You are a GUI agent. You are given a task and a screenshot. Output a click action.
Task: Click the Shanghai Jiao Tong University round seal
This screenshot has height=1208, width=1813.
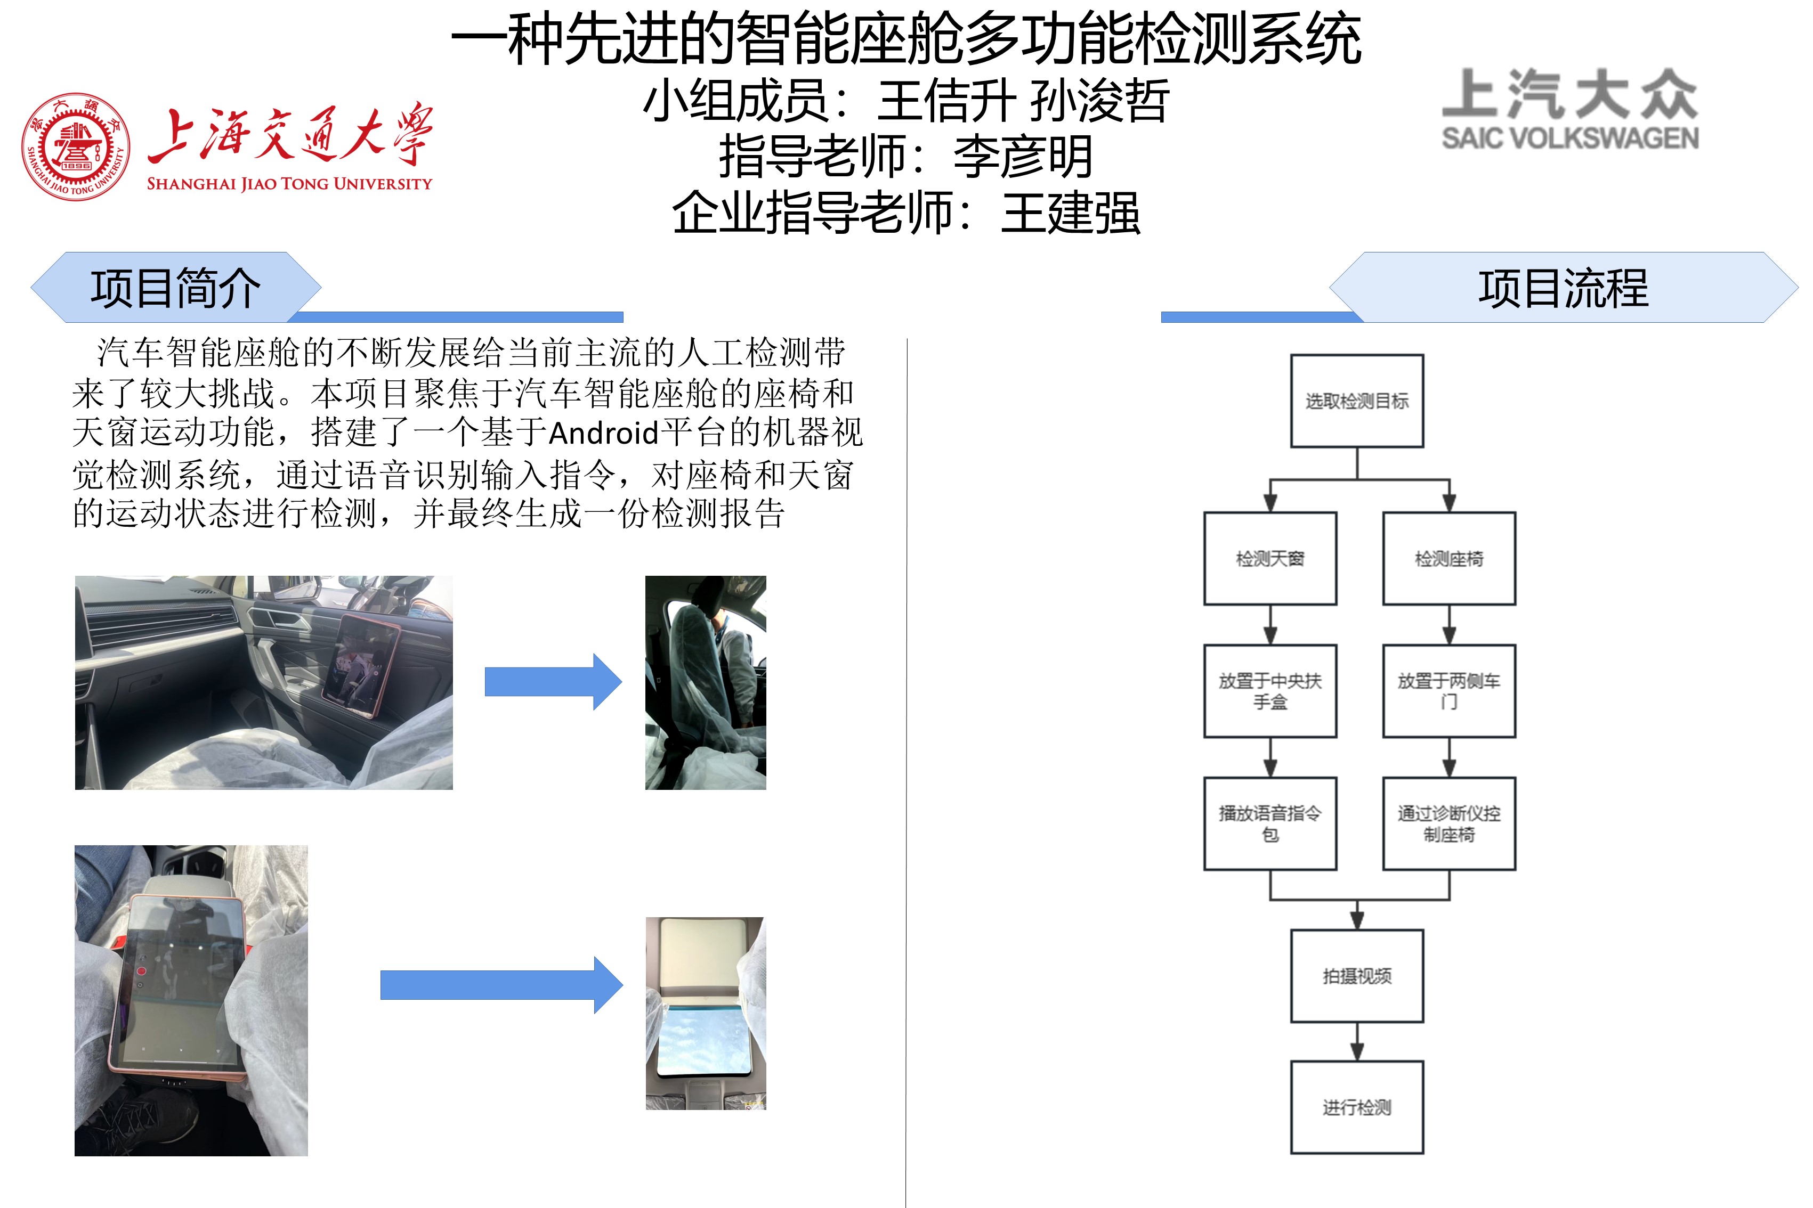(x=76, y=146)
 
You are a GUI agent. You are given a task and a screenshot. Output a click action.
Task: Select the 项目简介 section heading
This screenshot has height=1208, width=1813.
(x=176, y=288)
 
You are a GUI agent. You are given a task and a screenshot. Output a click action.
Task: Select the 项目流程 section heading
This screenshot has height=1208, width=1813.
(x=1563, y=288)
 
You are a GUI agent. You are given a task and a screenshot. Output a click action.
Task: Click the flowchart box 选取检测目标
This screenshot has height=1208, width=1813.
(x=1357, y=401)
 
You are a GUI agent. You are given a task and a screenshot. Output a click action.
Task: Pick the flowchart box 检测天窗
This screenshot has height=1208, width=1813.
(x=1269, y=559)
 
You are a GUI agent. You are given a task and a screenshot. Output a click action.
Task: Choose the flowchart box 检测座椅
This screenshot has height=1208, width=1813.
(x=1448, y=559)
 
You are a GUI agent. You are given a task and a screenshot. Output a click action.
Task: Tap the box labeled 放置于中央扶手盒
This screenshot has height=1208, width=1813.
(x=1269, y=691)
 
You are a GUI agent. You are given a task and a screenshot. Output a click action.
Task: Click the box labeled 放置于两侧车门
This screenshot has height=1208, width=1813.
(x=1448, y=691)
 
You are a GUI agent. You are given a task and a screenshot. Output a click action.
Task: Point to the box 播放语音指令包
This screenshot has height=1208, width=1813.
(x=1269, y=823)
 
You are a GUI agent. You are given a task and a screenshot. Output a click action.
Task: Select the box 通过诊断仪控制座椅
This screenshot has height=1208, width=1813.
(x=1448, y=823)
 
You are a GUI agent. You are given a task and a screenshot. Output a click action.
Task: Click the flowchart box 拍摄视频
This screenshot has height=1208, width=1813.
(x=1357, y=976)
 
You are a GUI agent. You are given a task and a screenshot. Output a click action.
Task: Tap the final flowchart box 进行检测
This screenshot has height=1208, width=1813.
(x=1357, y=1107)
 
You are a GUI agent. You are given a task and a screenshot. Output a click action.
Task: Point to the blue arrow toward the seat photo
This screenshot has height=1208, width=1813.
(x=552, y=682)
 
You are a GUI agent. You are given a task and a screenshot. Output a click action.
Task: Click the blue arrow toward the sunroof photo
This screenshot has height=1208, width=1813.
(x=501, y=985)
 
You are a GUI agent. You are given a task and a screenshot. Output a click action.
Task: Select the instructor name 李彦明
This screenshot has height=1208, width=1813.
(x=1023, y=157)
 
